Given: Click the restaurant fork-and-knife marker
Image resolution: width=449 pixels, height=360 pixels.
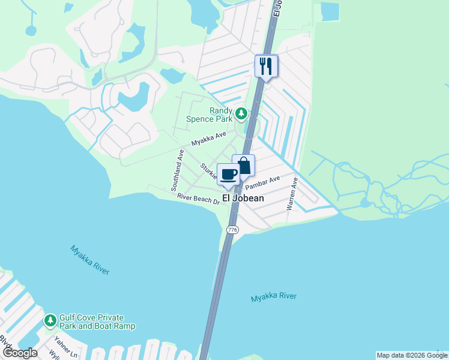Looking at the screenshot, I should click(266, 65).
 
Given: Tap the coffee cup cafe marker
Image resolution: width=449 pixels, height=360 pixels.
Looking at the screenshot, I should click(228, 175).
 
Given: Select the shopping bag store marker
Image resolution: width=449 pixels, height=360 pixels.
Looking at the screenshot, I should click(244, 166).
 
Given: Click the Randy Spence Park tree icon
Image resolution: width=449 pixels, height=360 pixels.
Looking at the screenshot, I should click(241, 113).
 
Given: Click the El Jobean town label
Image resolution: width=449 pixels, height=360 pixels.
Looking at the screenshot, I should click(243, 197).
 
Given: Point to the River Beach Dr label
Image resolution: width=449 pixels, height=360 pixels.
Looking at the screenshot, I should click(197, 199).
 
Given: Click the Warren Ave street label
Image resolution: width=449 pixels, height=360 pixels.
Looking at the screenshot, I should click(292, 193).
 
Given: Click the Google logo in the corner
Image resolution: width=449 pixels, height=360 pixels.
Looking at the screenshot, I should click(19, 353).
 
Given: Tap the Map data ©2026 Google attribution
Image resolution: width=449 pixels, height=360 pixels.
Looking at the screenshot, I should click(412, 355).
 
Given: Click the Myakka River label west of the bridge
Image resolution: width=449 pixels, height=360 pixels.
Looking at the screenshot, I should click(90, 260).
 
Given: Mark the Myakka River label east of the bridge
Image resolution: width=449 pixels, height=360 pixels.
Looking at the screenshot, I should click(274, 297).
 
